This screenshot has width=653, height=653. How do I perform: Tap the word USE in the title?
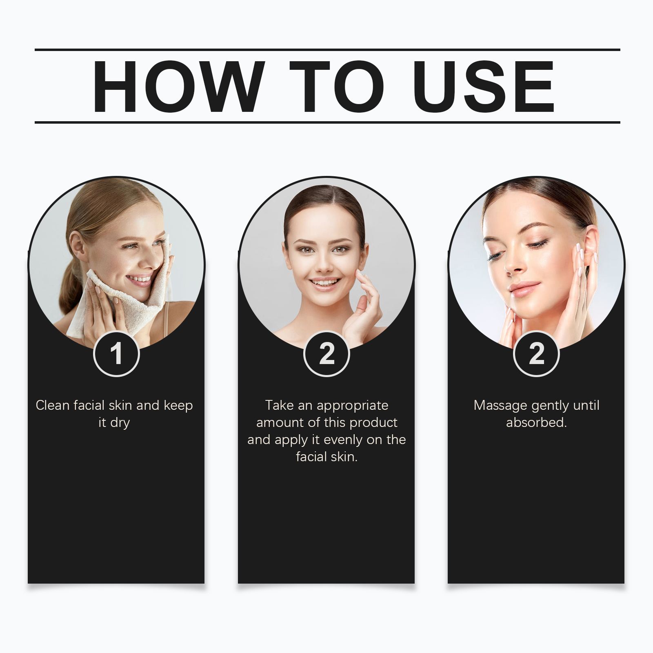483,86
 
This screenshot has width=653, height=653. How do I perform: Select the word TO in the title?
337,86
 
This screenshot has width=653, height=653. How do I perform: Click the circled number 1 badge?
116,353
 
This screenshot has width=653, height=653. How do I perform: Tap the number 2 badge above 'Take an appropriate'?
326,353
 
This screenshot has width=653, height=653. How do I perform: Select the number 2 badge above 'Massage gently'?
536,353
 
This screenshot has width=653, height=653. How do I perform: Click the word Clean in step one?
53,405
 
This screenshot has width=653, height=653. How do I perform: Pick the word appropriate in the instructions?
352,406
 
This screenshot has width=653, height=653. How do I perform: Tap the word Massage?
500,406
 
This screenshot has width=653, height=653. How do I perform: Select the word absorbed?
536,422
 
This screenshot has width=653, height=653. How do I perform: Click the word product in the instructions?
373,423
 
